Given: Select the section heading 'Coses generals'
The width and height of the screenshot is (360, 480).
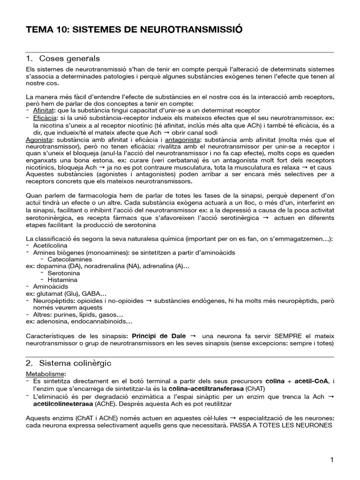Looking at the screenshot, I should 69,59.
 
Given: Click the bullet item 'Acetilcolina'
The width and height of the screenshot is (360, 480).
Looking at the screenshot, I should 50,246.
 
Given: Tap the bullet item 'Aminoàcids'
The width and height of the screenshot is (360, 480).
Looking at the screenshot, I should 50,286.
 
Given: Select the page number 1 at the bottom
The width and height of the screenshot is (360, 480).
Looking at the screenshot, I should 332,460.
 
